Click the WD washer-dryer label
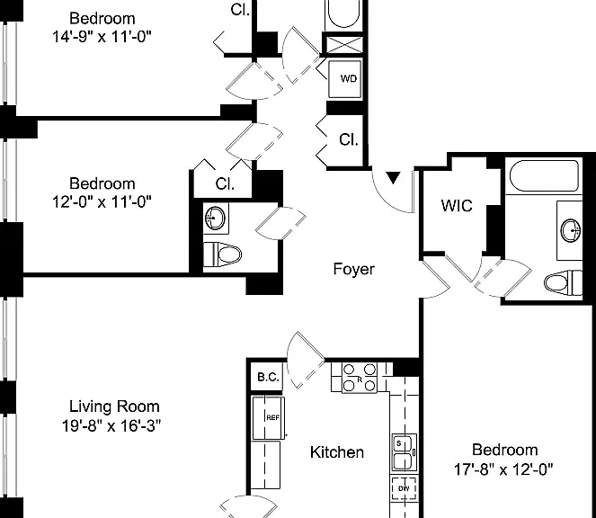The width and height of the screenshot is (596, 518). click(x=349, y=79)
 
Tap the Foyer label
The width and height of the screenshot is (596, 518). click(x=354, y=269)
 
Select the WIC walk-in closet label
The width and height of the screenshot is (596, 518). click(x=457, y=206)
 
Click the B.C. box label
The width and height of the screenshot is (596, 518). click(x=269, y=378)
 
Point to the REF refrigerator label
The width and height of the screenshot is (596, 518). click(x=273, y=417)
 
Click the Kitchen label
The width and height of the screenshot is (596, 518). click(x=337, y=452)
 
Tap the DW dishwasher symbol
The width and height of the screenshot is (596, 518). click(x=404, y=488)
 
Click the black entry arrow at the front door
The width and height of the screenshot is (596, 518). click(x=393, y=177)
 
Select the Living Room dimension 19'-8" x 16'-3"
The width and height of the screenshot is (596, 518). click(x=111, y=425)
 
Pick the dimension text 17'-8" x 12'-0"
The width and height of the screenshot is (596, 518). click(x=503, y=469)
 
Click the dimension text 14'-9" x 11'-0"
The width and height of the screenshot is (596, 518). click(x=102, y=37)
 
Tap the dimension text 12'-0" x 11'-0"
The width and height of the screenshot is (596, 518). click(x=102, y=201)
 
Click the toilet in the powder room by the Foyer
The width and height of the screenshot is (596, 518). click(x=223, y=255)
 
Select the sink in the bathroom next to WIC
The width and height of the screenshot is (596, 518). click(x=571, y=230)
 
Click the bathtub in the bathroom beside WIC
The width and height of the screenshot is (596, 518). click(x=544, y=176)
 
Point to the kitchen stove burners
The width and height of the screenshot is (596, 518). click(x=360, y=378)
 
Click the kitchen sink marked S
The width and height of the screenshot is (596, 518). click(x=405, y=452)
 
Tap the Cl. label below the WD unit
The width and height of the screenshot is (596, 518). click(x=349, y=140)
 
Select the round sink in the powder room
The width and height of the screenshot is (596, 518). click(x=215, y=219)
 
